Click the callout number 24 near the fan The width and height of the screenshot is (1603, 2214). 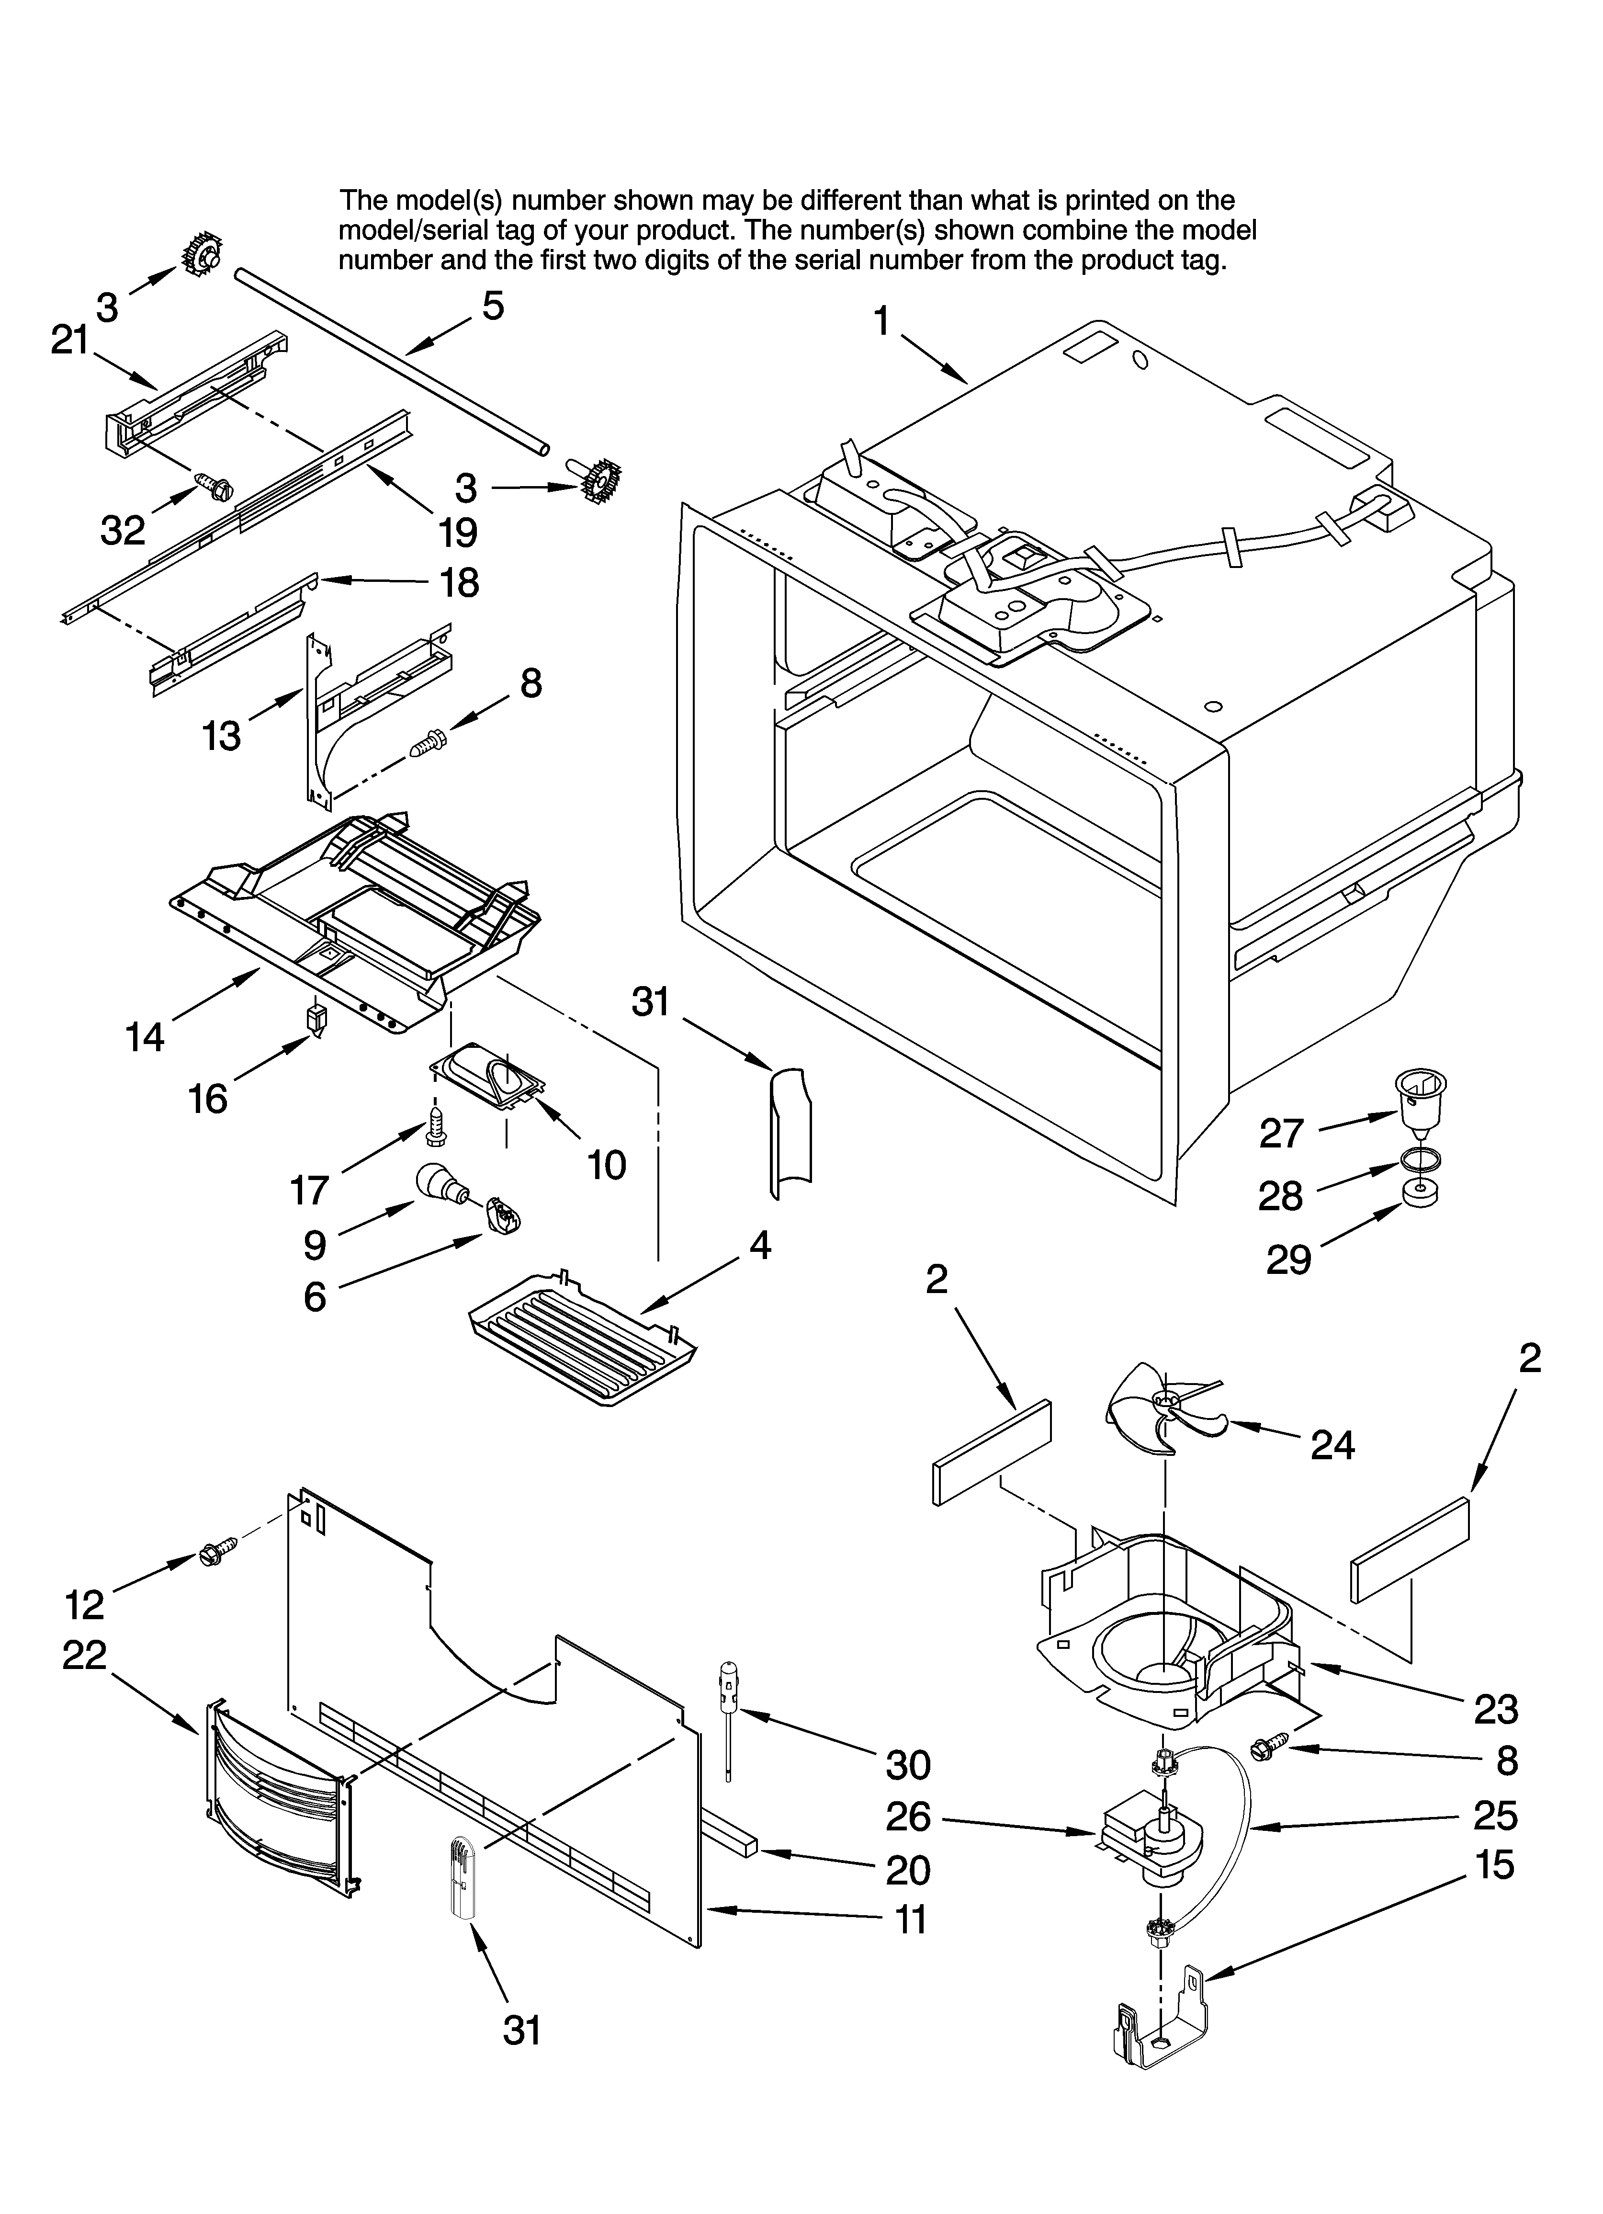point(1332,1446)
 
